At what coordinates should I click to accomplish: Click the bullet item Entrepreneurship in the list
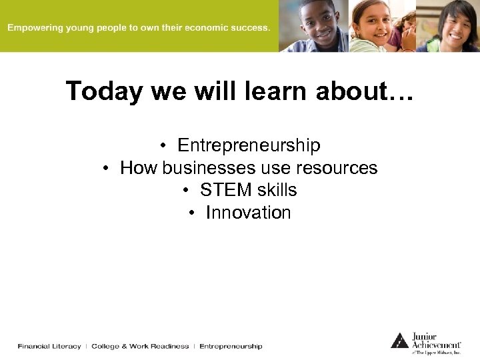pyautogui.click(x=249, y=145)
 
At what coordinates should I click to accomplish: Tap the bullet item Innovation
pyautogui.click(x=248, y=213)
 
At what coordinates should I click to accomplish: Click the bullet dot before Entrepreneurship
pyautogui.click(x=163, y=146)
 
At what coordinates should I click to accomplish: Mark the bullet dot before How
pyautogui.click(x=106, y=169)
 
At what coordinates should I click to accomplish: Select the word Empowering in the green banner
pyautogui.click(x=35, y=28)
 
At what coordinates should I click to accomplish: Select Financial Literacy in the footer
pyautogui.click(x=49, y=346)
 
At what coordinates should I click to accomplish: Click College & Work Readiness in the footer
pyautogui.click(x=140, y=346)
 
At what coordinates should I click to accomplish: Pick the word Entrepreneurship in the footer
pyautogui.click(x=231, y=346)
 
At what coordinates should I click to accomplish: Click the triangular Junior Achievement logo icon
pyautogui.click(x=399, y=341)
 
